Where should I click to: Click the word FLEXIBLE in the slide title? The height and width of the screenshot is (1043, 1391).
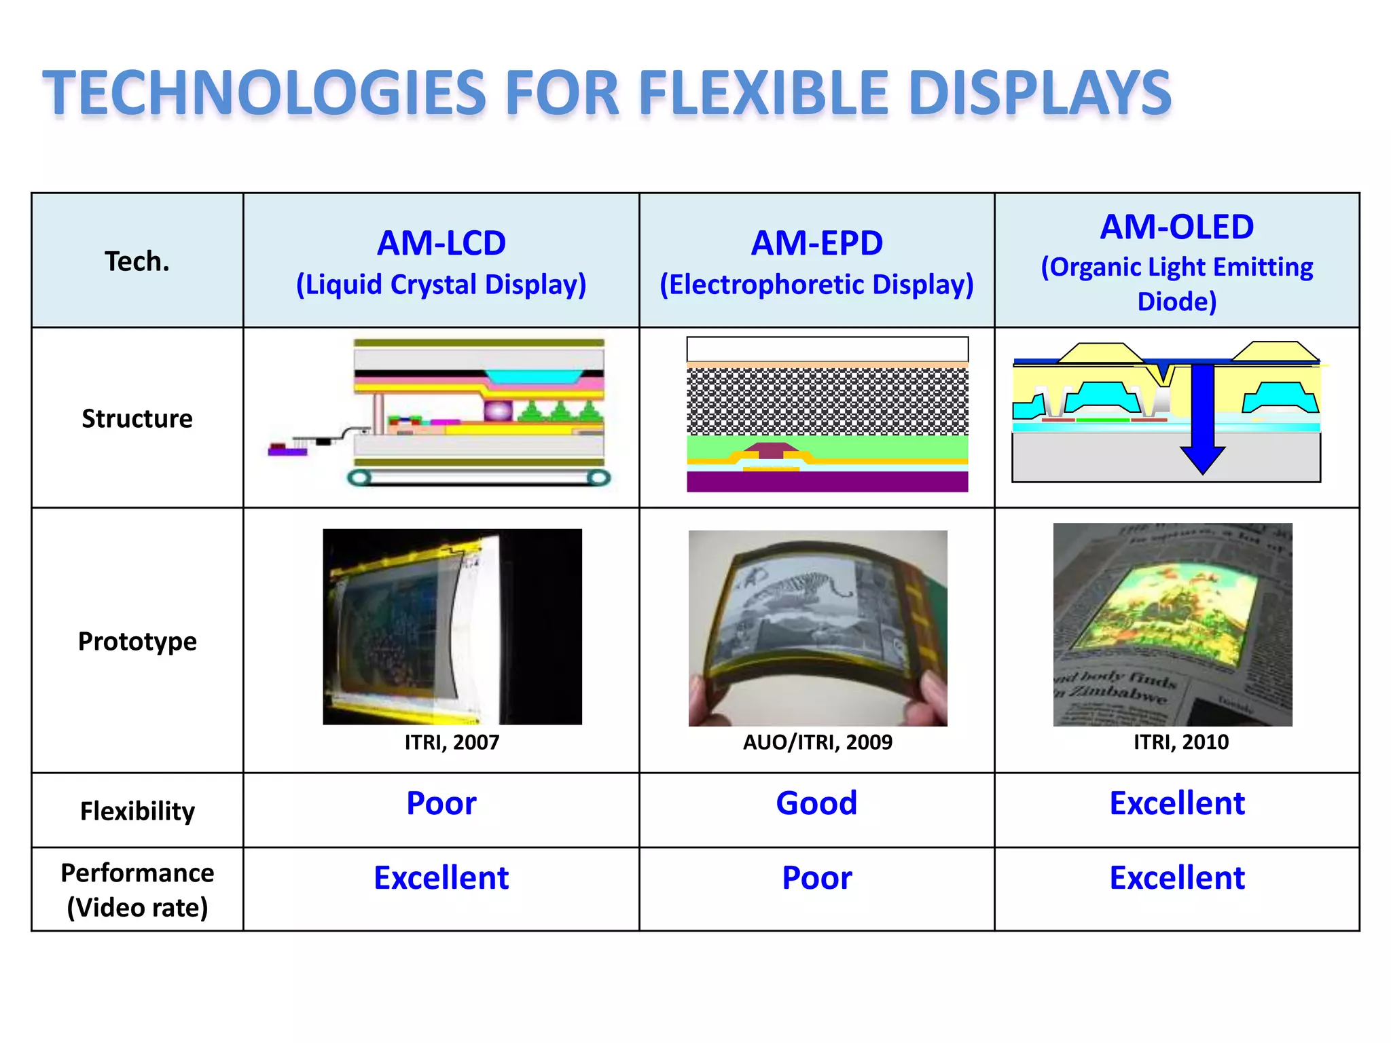tap(764, 94)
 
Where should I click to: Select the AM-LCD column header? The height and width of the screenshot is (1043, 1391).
tap(441, 243)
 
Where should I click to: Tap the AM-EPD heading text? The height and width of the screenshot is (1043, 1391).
tap(816, 243)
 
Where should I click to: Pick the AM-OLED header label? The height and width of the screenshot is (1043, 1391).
tap(1176, 227)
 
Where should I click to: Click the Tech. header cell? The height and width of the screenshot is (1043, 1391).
tap(137, 261)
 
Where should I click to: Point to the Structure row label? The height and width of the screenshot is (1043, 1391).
tap(137, 419)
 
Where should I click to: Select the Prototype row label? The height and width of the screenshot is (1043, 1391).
tap(137, 642)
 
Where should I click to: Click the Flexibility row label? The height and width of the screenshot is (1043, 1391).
tap(137, 811)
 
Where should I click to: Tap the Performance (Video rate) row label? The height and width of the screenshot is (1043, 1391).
tap(137, 890)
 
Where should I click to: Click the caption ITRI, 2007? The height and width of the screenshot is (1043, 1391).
tap(452, 742)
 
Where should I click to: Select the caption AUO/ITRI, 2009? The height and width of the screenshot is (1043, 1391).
tap(817, 742)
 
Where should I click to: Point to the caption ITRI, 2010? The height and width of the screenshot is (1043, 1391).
tap(1180, 742)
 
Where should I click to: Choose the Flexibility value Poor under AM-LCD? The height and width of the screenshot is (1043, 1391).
tap(441, 803)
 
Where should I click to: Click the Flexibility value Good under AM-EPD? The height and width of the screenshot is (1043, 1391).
tap(816, 803)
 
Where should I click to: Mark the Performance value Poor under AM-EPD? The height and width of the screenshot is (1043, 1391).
tap(816, 878)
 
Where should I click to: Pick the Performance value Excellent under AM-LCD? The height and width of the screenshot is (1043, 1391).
tap(441, 878)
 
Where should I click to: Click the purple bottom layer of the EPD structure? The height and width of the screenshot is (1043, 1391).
tap(827, 482)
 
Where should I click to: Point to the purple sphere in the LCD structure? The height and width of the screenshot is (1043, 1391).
tap(498, 410)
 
